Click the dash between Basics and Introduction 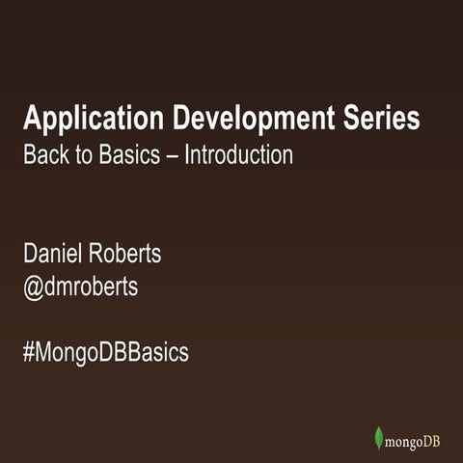(173, 155)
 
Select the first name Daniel (53, 256)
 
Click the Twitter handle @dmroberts (81, 287)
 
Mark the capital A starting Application (32, 121)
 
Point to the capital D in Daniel (30, 256)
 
